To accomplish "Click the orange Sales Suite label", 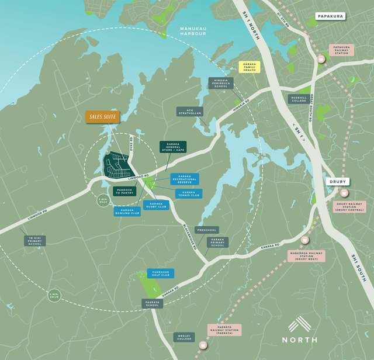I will click(x=102, y=117).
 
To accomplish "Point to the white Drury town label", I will click(x=337, y=182).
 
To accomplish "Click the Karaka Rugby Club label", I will click(x=156, y=205).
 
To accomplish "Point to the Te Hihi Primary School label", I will click(x=34, y=240).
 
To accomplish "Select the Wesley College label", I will click(x=182, y=338).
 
